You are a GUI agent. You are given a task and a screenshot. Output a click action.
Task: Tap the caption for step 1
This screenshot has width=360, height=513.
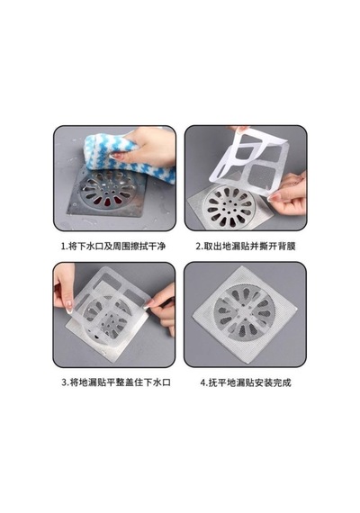coord(113,246)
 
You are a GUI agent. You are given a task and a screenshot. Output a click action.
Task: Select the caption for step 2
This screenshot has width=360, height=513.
coord(246,246)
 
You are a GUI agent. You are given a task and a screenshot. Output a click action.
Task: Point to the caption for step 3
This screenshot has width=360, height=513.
coord(116,382)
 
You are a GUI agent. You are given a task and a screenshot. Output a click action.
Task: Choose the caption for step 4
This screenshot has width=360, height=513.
coord(246,382)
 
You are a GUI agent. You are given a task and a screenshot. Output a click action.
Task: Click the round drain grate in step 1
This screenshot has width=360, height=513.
coord(109,189)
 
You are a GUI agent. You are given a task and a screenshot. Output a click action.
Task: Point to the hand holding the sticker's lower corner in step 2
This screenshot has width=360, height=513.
coord(288,193)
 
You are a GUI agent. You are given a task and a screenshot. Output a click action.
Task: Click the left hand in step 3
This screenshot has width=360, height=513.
coord(64,288)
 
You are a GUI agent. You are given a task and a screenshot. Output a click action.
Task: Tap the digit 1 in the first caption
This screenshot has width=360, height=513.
coord(64,247)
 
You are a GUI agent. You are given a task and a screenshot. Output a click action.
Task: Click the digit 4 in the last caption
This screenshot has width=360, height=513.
coord(202,382)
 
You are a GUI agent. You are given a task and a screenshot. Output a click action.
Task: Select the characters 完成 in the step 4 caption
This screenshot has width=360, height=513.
coord(283,382)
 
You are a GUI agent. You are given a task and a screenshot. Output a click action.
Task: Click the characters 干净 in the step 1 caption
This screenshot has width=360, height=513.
coord(157,246)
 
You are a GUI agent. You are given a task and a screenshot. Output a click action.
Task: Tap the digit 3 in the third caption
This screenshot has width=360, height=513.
coord(64,382)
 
